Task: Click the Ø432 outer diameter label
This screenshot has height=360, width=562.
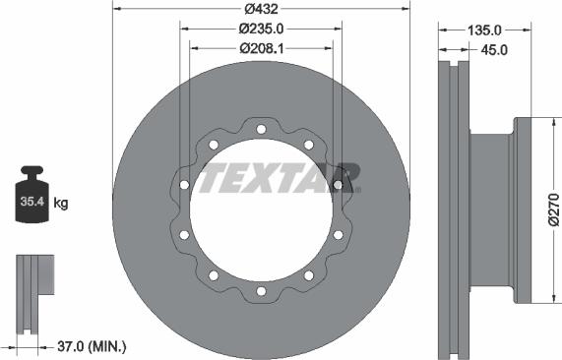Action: click(261, 8)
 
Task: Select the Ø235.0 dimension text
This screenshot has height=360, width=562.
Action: click(261, 29)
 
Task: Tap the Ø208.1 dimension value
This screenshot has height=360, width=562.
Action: click(261, 46)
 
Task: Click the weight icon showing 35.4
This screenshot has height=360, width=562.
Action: click(31, 201)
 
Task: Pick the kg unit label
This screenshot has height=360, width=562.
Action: click(61, 205)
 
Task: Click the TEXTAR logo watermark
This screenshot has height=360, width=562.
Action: click(279, 178)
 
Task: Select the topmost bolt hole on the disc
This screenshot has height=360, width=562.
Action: click(261, 130)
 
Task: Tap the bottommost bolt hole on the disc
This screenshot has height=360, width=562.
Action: click(261, 290)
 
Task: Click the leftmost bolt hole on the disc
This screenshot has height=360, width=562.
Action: click(184, 185)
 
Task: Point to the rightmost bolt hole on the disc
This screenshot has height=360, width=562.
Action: click(339, 185)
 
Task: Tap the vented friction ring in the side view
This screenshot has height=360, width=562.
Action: click(452, 209)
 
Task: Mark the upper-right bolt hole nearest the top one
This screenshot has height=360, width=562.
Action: click(308, 145)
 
